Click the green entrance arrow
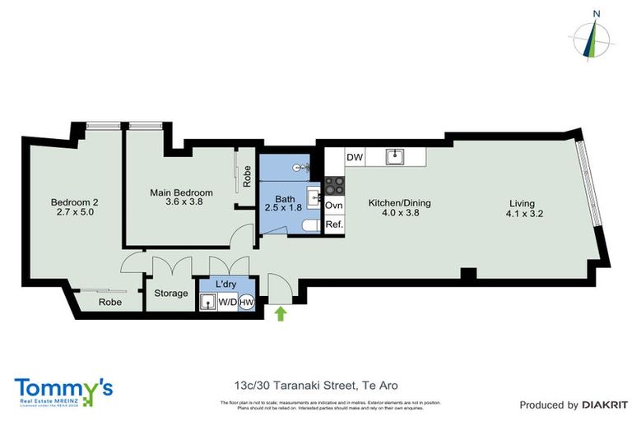click(x=281, y=312)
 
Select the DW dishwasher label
click(x=355, y=157)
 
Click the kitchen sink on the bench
click(x=396, y=156)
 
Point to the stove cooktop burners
click(x=334, y=185)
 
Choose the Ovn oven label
click(x=334, y=206)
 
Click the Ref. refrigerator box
click(x=334, y=224)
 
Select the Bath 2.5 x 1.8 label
click(x=285, y=204)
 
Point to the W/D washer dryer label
click(x=228, y=302)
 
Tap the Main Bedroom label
click(x=181, y=198)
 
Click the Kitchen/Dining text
click(x=399, y=203)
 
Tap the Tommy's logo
click(x=63, y=391)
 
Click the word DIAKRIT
click(x=605, y=405)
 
